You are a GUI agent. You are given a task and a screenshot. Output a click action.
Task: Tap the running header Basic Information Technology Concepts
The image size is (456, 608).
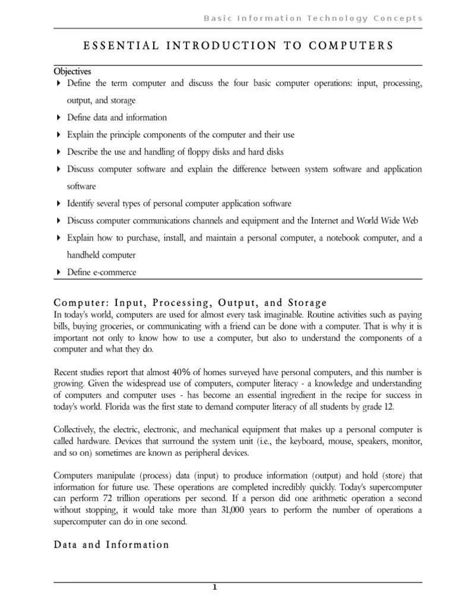[x=313, y=18]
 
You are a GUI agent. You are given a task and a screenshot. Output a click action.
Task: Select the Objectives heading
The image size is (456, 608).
[x=72, y=71]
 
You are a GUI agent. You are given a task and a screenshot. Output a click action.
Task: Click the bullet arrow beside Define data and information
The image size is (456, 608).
[x=58, y=118]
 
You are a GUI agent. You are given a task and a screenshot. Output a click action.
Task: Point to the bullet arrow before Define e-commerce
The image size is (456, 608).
[x=58, y=273]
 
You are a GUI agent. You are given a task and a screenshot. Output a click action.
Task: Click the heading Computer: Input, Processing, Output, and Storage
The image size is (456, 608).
[x=190, y=302]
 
